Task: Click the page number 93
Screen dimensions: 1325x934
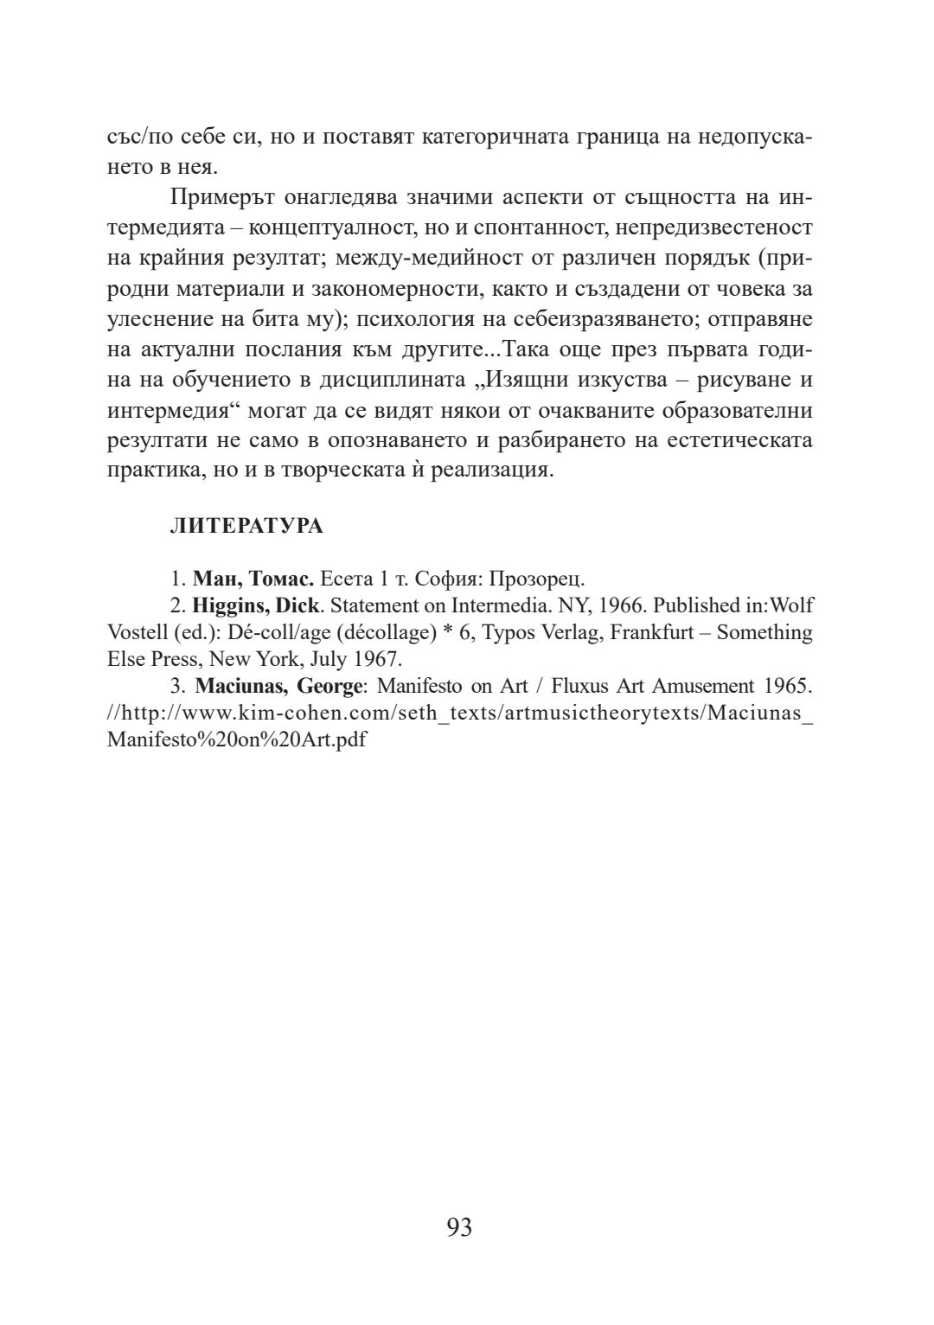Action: tap(459, 1227)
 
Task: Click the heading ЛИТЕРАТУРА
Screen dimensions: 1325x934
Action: tap(246, 527)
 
